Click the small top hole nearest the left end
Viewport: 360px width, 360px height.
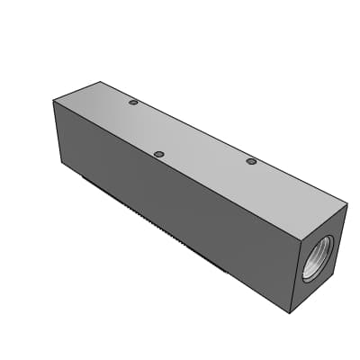click(x=133, y=103)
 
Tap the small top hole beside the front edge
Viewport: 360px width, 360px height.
click(x=158, y=155)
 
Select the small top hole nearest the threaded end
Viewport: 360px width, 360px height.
click(x=251, y=162)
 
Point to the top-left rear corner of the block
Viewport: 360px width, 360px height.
click(x=101, y=83)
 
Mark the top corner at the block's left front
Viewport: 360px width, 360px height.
click(x=54, y=101)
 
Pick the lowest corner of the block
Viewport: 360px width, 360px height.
click(x=291, y=313)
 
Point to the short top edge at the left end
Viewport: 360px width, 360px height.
click(x=77, y=92)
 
